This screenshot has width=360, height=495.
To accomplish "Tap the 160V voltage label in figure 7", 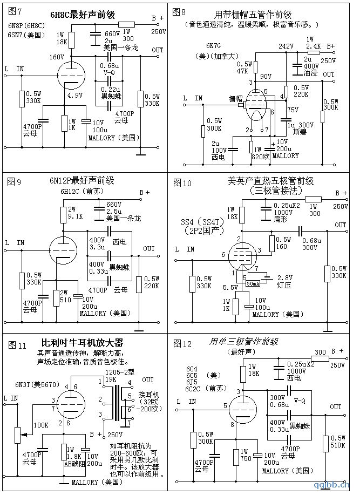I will click(x=57, y=57).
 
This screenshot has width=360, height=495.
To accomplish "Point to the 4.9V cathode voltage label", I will click(x=75, y=96).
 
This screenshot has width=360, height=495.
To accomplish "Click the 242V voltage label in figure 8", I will click(x=286, y=47).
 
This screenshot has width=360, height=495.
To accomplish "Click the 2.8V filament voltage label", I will click(x=286, y=277).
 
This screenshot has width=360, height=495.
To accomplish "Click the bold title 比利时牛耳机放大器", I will click(x=82, y=343).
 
